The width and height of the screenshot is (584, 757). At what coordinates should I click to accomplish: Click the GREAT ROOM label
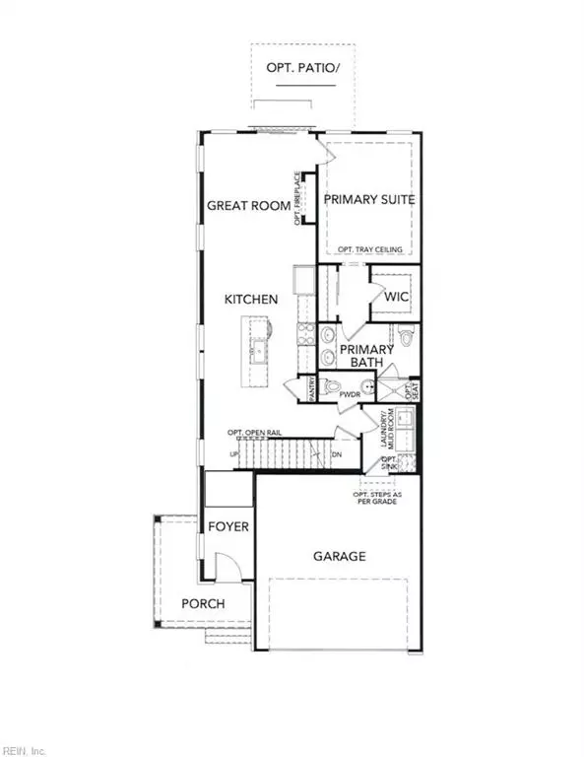pos(248,206)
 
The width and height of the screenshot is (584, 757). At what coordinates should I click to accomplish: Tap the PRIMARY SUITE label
pos(368,200)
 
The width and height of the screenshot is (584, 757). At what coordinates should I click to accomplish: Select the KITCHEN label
pos(251,299)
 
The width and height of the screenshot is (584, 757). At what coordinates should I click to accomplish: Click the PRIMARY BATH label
pos(366,356)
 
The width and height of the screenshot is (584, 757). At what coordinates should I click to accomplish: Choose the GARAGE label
pos(340,556)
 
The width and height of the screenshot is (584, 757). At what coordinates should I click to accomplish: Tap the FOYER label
pos(228,526)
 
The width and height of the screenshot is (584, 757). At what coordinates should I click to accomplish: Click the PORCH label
pos(203,603)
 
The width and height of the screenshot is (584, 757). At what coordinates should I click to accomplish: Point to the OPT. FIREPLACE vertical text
pos(296,197)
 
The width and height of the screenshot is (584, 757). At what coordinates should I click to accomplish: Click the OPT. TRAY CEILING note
pos(368,250)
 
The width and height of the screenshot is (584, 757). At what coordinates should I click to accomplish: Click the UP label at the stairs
pos(233,454)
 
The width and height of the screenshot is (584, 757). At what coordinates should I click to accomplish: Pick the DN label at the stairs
pos(335,454)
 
